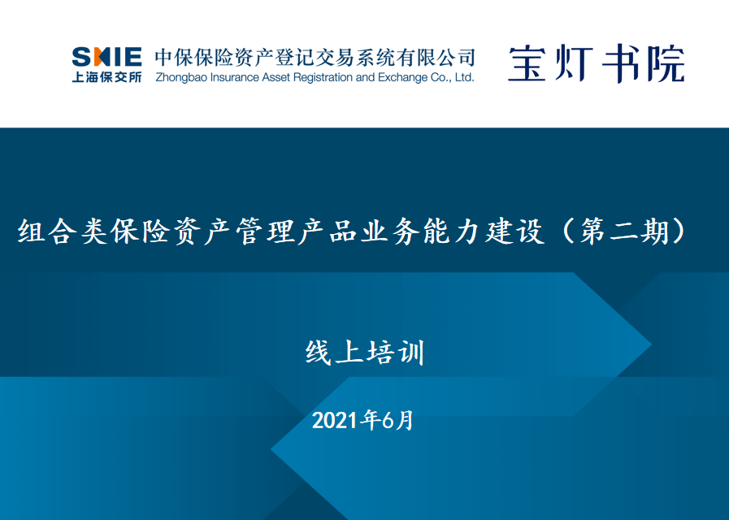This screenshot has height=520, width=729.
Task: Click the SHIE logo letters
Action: coord(107,57)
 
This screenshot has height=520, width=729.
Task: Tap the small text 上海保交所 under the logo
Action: coord(107,76)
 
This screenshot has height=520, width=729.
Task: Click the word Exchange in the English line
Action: coord(402,77)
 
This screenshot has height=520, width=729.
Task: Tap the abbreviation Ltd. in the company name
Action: coord(464,77)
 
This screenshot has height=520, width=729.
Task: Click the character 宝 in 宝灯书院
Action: coord(527,63)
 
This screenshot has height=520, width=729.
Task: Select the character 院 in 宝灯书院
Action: coord(666,63)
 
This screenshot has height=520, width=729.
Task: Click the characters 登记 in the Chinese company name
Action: coord(295,58)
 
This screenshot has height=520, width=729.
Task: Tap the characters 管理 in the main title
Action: coord(266,231)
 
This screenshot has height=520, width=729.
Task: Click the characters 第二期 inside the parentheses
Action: coord(624,231)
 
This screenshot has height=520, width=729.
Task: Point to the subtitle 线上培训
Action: coord(365,353)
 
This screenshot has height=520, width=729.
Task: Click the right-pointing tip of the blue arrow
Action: coord(650,344)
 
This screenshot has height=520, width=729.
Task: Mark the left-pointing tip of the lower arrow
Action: coord(271,449)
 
